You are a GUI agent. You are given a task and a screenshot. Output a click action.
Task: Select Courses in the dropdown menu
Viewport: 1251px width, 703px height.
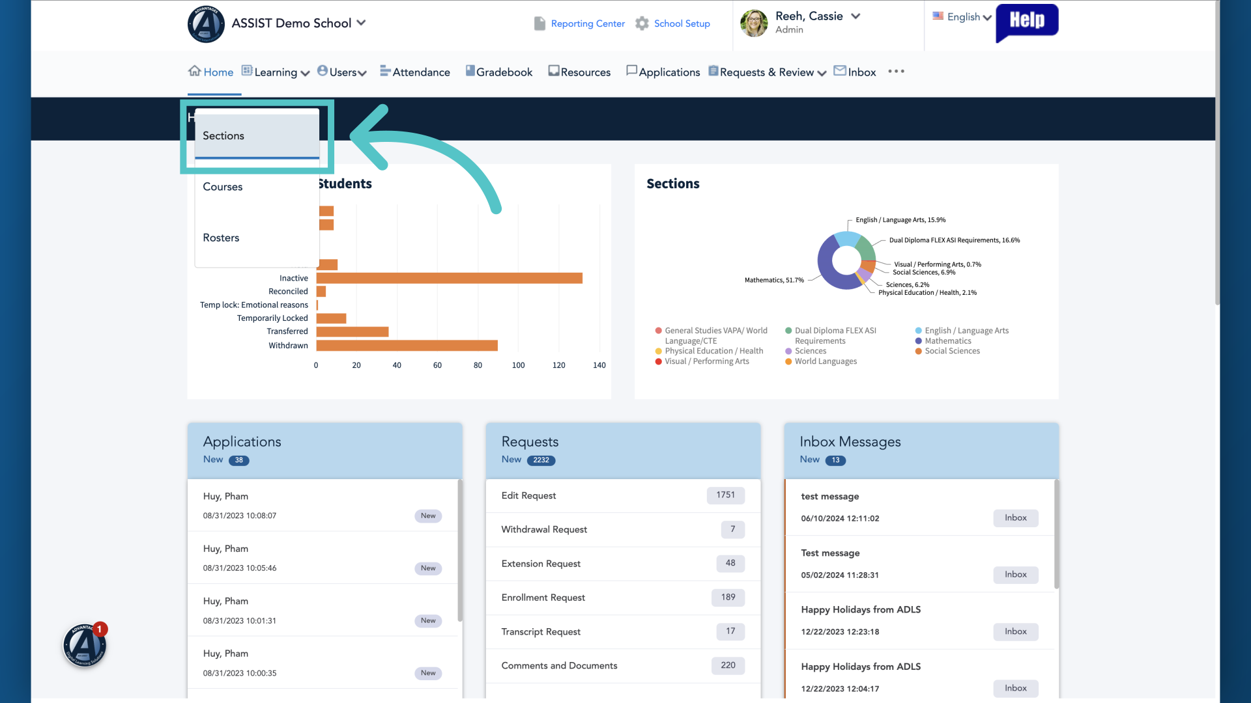coord(223,187)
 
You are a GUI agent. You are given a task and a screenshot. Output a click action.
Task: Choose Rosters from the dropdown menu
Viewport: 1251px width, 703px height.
coord(221,238)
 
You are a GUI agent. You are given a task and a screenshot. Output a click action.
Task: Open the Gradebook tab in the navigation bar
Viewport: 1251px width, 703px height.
coord(499,72)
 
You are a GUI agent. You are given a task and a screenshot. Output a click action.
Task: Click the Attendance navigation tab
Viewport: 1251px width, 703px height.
coord(415,72)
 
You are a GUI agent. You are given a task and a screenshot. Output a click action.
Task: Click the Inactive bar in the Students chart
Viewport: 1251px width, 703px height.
coord(450,279)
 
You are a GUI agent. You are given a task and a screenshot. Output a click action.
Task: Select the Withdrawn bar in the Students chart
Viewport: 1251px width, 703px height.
coord(407,346)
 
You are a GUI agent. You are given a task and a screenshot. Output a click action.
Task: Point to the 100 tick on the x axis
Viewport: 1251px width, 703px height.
coord(518,366)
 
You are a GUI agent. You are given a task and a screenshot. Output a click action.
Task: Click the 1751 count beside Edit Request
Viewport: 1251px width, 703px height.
coord(726,495)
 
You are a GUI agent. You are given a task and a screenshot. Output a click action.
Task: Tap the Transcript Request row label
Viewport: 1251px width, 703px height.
coord(541,632)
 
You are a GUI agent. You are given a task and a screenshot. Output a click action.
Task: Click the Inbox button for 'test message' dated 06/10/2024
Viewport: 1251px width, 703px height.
coord(1016,518)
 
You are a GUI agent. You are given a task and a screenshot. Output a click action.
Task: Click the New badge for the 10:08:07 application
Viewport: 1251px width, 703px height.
coord(428,516)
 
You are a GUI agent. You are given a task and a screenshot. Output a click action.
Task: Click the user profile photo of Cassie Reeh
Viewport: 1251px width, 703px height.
coord(754,23)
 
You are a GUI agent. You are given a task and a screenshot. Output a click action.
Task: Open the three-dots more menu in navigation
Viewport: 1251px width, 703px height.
coord(896,72)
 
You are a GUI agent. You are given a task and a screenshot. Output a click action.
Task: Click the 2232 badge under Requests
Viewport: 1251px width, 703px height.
coord(541,460)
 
